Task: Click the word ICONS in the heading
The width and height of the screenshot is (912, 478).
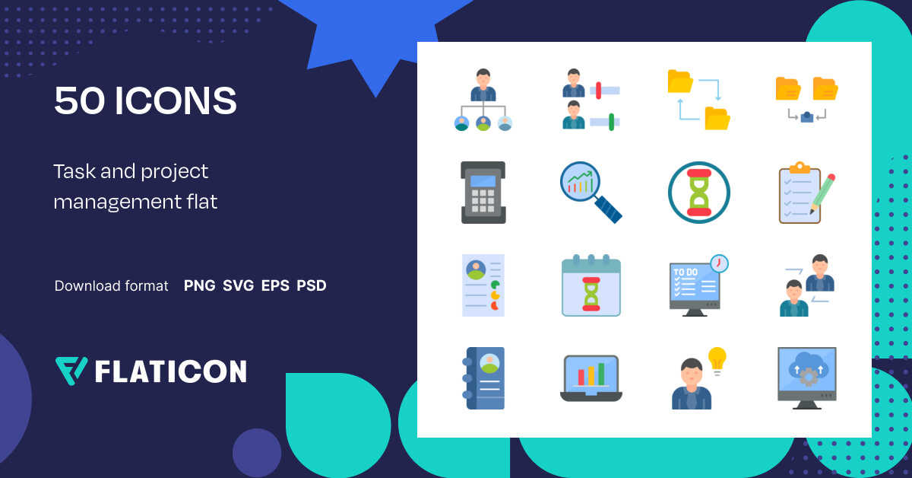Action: click(176, 100)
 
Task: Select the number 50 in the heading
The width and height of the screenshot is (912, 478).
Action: click(80, 100)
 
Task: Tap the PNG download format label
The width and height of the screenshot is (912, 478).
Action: click(199, 286)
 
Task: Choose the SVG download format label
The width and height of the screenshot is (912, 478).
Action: click(238, 286)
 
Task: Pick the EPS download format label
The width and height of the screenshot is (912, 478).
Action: click(275, 286)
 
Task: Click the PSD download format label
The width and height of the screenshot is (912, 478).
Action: click(312, 286)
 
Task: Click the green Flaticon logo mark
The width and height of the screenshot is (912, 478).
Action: click(71, 370)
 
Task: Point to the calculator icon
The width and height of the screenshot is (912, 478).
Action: click(483, 193)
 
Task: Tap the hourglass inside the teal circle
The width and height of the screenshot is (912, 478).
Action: click(699, 193)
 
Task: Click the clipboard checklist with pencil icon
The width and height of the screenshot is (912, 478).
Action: click(806, 193)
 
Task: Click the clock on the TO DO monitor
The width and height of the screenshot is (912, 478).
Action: click(718, 263)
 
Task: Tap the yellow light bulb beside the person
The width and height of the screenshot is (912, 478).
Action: click(717, 360)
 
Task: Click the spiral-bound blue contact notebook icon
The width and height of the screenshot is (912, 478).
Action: click(484, 378)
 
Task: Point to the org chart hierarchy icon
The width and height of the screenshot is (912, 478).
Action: click(483, 100)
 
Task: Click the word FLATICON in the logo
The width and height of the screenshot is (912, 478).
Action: click(170, 371)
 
